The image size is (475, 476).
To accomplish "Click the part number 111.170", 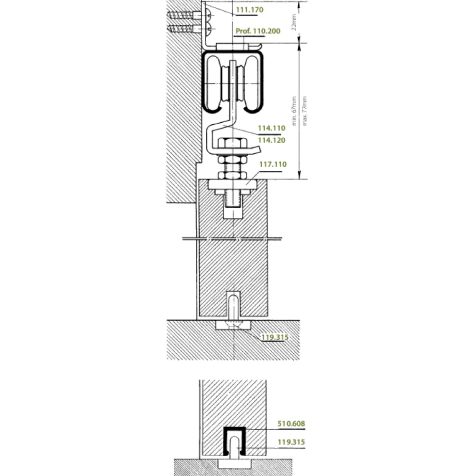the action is (250, 10).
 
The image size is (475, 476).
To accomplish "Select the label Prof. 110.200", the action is (258, 31).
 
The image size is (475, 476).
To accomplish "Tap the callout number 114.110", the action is (271, 128).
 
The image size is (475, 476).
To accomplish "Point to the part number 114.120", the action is (271, 140).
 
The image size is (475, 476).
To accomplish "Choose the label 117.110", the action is (273, 164).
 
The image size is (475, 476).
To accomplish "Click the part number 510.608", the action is (291, 424).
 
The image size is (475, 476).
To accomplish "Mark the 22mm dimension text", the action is (294, 22).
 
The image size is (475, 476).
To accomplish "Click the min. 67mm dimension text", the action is (294, 111).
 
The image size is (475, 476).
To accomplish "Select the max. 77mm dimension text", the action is (304, 111).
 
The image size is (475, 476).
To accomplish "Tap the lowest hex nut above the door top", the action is (233, 175).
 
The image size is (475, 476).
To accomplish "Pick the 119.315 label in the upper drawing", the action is (275, 337).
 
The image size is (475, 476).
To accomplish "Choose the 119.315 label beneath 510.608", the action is (291, 442).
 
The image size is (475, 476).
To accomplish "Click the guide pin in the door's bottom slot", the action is (233, 307).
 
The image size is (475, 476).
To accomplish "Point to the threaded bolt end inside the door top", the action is (233, 200).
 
